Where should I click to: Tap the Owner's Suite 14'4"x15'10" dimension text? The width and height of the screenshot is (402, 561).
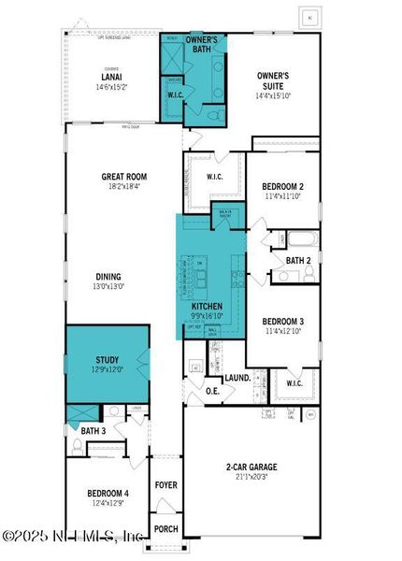click(x=274, y=95)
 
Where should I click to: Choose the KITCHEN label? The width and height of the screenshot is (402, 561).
click(x=207, y=306)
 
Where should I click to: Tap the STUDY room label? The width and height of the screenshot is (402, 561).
click(x=108, y=360)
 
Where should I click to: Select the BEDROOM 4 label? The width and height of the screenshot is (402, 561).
click(x=108, y=493)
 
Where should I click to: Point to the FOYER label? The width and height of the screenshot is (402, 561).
click(x=166, y=484)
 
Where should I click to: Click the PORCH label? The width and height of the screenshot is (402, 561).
click(x=166, y=529)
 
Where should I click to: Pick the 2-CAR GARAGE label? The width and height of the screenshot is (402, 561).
click(x=251, y=467)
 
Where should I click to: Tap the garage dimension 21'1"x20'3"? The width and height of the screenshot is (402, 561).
click(x=251, y=478)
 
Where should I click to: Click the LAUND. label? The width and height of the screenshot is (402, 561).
click(x=237, y=378)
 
